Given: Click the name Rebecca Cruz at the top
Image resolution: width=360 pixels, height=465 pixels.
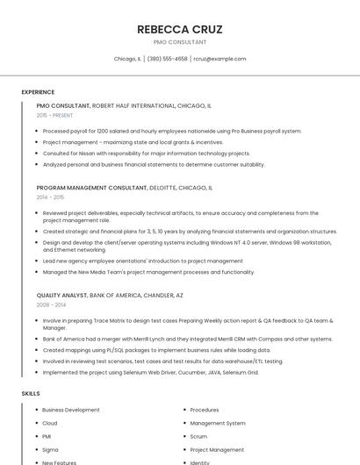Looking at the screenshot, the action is tap(180, 29).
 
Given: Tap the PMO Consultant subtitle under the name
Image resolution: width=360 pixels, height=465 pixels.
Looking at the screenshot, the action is tap(180, 42).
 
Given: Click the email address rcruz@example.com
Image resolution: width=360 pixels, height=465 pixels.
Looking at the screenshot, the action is tap(220, 59).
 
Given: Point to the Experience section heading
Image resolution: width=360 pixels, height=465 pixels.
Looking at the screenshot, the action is tap(38, 92).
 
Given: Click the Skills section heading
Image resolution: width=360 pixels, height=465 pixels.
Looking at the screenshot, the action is tap(31, 394).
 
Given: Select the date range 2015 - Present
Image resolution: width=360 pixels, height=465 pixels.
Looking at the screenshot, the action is tap(55, 115).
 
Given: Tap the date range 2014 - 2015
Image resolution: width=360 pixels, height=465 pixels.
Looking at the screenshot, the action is tap(50, 197).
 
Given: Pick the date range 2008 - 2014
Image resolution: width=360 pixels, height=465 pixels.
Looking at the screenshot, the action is tap(51, 305).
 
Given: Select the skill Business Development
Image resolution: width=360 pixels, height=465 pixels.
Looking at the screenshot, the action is tap(71, 410).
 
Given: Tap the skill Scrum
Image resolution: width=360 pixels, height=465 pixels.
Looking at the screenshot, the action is tap(198, 436).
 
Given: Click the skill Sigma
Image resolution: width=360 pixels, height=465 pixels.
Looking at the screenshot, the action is tap(50, 449).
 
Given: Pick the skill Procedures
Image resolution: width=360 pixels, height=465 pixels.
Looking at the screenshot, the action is tap(205, 410).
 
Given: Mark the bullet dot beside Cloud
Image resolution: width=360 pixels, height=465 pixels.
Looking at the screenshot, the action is tap(36, 423).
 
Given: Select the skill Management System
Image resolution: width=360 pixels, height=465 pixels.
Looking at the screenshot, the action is tap(218, 423).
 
